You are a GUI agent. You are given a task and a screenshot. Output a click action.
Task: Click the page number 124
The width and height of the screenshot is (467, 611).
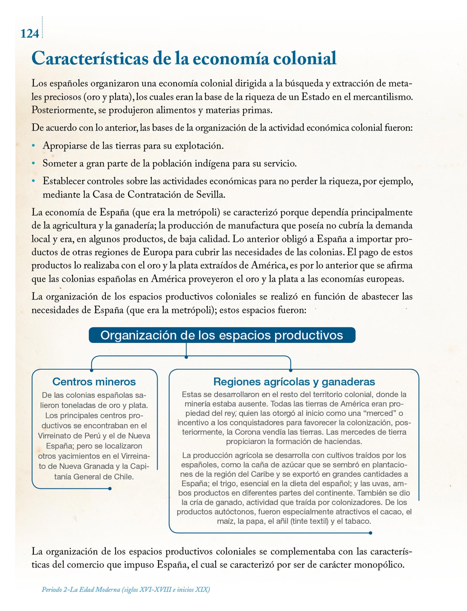click(x=30, y=34)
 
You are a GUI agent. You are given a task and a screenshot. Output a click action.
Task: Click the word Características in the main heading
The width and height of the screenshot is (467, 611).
click(x=90, y=58)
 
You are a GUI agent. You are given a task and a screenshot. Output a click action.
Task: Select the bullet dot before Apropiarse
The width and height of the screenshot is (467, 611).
click(x=33, y=146)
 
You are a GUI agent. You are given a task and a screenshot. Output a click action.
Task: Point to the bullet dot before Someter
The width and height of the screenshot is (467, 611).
click(x=33, y=163)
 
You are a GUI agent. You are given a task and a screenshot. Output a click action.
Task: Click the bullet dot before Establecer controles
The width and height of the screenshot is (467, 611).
click(x=33, y=181)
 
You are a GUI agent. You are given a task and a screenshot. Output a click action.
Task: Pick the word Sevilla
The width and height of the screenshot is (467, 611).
click(x=210, y=195)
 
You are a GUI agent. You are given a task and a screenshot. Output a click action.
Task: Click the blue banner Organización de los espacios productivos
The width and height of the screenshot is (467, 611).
click(x=222, y=335)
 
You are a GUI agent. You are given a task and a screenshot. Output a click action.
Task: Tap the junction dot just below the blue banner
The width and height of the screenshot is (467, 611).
click(x=186, y=357)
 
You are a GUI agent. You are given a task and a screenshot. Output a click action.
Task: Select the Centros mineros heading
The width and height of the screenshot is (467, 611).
click(x=94, y=382)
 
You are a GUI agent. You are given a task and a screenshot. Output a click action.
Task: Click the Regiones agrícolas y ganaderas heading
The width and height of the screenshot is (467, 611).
click(x=294, y=382)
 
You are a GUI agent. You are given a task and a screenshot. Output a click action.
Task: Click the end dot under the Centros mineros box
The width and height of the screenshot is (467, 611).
click(x=110, y=489)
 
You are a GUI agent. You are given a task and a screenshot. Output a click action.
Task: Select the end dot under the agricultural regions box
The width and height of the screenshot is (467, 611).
click(x=371, y=533)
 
